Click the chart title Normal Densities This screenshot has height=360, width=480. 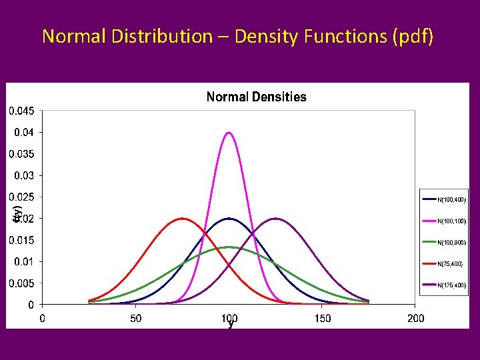[256, 97]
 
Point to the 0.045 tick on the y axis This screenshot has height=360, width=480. [21, 111]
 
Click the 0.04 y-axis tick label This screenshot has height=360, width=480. [24, 132]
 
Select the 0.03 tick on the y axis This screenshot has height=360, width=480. [24, 175]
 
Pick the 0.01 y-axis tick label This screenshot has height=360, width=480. [24, 261]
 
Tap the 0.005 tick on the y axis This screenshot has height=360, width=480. [21, 283]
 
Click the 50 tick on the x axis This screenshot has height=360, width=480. [135, 318]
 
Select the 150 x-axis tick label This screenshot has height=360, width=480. [322, 318]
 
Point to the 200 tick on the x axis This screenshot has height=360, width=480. [415, 318]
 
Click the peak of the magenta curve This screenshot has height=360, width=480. [229, 133]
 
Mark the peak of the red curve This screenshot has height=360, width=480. [182, 219]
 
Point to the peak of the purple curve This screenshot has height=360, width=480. [275, 219]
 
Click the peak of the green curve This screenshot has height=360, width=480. [229, 247]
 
